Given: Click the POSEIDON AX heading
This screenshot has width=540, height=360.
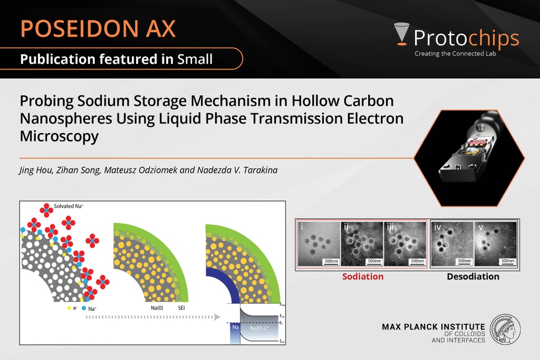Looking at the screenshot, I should tap(98, 28).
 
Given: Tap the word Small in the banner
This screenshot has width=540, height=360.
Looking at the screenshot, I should tap(195, 59).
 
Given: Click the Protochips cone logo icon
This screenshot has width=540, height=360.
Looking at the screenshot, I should tap(401, 35).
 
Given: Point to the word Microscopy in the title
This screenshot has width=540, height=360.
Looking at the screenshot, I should tap(59, 136).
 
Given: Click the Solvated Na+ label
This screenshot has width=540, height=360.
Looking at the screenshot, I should tap(69, 206).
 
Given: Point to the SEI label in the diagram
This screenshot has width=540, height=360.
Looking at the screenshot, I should tap(182, 307).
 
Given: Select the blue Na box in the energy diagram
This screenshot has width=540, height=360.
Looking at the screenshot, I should tap(235, 333).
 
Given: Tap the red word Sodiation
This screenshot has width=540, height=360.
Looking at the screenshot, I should tap(363, 276).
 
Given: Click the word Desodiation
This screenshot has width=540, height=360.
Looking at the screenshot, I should tap(473, 276).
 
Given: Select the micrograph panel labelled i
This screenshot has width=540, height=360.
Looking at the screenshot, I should tap(319, 243).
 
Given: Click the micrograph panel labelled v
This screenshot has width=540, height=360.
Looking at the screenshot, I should tap(496, 243).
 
